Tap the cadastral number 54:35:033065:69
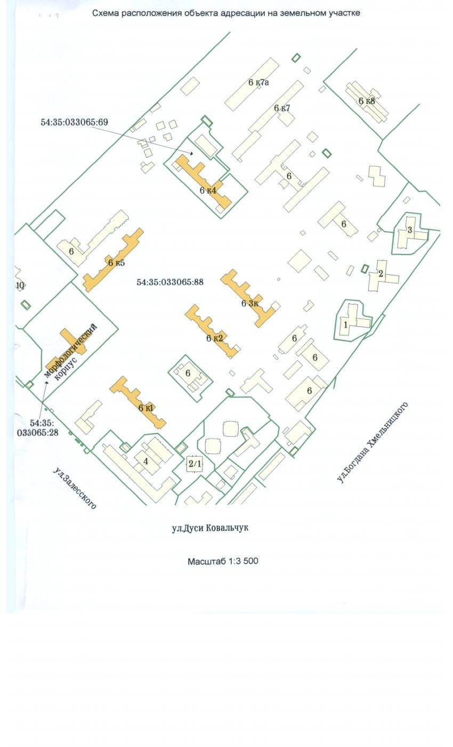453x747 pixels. [x=74, y=122]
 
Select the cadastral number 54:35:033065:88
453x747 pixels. [x=170, y=282]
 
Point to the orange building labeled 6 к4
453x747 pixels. [x=203, y=182]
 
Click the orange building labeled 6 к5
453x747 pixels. [x=113, y=260]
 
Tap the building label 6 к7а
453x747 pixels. [x=258, y=82]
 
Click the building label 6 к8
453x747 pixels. [x=367, y=101]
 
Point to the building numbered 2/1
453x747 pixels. [x=195, y=464]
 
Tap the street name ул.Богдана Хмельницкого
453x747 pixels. [x=373, y=442]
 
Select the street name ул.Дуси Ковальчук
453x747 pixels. [x=210, y=528]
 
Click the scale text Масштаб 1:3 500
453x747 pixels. [x=223, y=561]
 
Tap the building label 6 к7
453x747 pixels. [x=282, y=108]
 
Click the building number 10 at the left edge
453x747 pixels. [x=20, y=285]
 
